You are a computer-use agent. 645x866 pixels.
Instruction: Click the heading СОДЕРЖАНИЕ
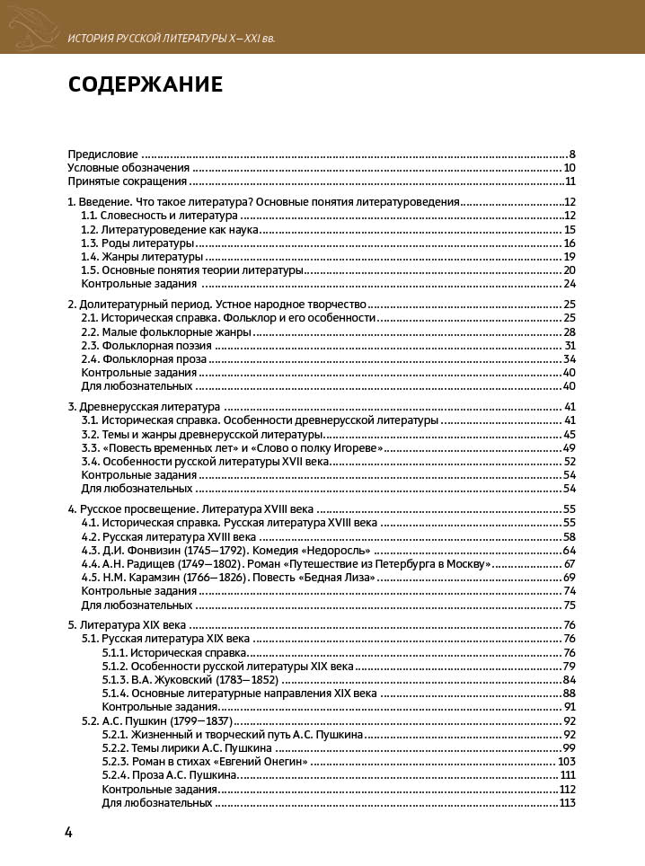click(x=146, y=85)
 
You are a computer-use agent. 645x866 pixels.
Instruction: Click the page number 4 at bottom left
click(x=68, y=832)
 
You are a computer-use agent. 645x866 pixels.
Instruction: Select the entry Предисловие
click(x=103, y=154)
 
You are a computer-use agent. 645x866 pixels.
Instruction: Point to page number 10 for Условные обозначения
click(x=570, y=167)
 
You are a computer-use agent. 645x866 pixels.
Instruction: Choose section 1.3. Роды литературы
click(x=137, y=243)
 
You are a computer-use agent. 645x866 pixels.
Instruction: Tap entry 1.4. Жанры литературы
click(x=142, y=257)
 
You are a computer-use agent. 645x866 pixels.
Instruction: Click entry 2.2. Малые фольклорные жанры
click(x=167, y=331)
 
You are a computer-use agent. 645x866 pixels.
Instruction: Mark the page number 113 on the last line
click(x=566, y=802)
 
